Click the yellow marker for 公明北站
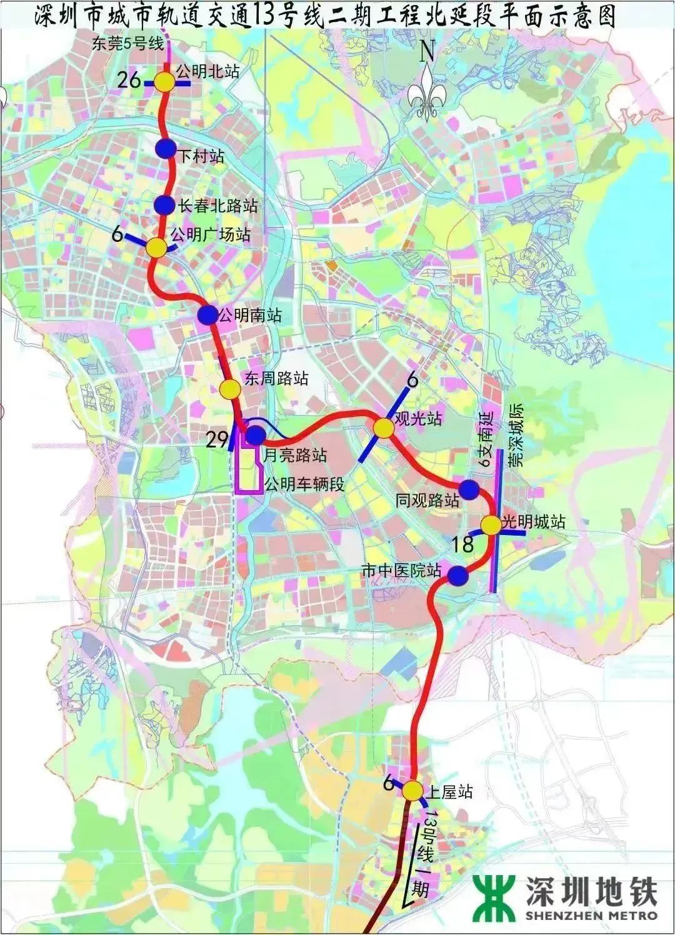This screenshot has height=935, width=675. point(166,82)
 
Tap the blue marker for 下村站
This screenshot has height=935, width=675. point(166,149)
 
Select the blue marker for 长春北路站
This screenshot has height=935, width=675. point(164,204)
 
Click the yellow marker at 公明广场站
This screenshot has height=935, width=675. point(157,247)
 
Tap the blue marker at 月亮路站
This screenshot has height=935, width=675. point(255,435)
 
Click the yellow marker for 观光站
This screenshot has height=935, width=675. point(383,428)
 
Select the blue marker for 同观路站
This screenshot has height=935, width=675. point(469,489)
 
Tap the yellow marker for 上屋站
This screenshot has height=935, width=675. point(412,791)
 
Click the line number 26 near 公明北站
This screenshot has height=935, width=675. point(133,79)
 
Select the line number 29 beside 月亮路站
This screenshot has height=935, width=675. point(217,440)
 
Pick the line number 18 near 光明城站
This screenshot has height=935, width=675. point(463,544)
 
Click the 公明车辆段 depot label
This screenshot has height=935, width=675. point(304,484)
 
